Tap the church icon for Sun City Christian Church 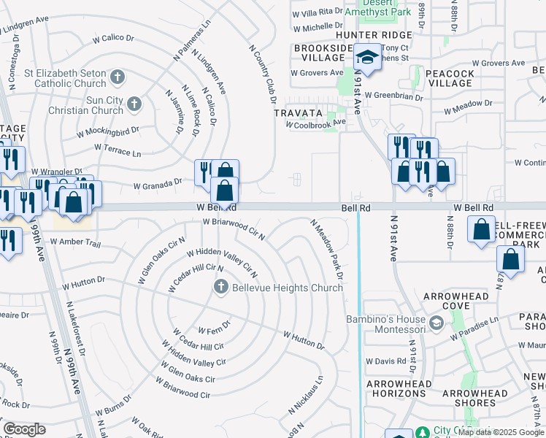click(134, 104)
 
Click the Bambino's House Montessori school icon click(437, 322)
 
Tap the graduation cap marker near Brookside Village click(368, 58)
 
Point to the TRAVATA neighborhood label click(298, 113)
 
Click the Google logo click(24, 429)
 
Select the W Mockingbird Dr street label click(108, 132)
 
